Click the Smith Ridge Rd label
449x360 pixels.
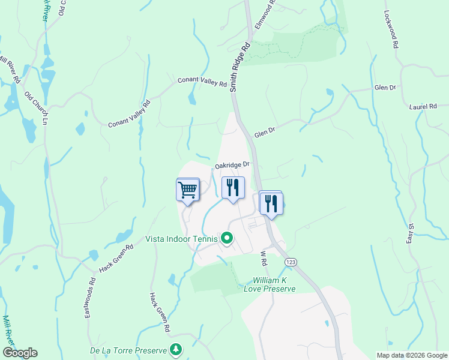click(239, 67)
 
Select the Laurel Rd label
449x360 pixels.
click(424, 107)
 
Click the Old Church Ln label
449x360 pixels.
click(36, 108)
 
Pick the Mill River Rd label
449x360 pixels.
click(9, 69)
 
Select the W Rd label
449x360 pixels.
click(262, 259)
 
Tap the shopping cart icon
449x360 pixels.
click(188, 191)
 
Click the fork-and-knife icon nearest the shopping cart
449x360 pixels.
click(232, 188)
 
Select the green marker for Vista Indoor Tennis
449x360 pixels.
click(226, 239)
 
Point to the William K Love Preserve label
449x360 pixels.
click(274, 284)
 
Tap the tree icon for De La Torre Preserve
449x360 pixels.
click(175, 349)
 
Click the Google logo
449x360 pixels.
click(20, 353)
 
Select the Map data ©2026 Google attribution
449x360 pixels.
click(412, 355)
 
